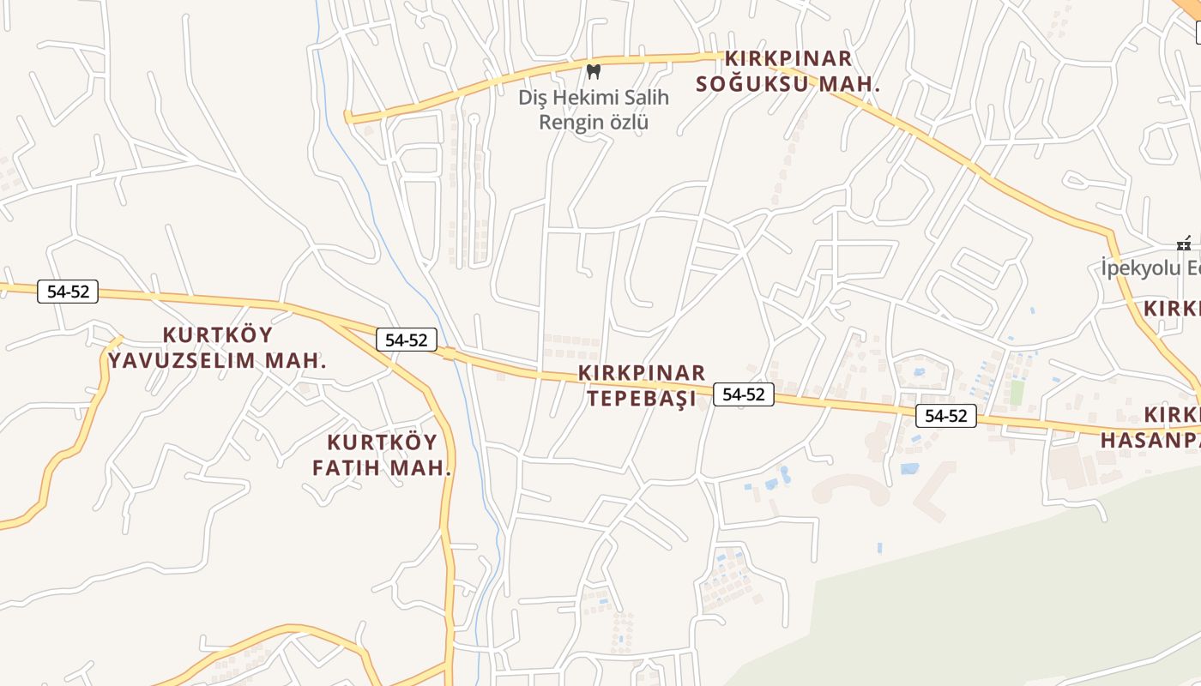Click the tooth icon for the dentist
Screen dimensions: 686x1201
tap(592, 71)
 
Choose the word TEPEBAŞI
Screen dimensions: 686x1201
tap(641, 399)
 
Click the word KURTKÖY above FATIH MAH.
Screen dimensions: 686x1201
tap(383, 442)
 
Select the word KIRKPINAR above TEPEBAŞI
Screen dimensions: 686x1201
tap(642, 373)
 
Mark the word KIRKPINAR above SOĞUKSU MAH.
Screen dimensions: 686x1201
tap(788, 58)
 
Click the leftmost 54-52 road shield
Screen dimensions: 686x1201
tap(68, 292)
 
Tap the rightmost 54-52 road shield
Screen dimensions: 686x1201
tap(946, 416)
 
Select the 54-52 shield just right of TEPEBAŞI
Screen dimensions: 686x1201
tap(744, 394)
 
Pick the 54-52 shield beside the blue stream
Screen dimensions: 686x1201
tap(407, 340)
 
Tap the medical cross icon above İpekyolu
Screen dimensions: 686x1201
tap(1185, 244)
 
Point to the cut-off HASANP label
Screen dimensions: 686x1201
tap(1150, 440)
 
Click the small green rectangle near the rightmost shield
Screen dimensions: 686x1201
tap(1017, 392)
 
